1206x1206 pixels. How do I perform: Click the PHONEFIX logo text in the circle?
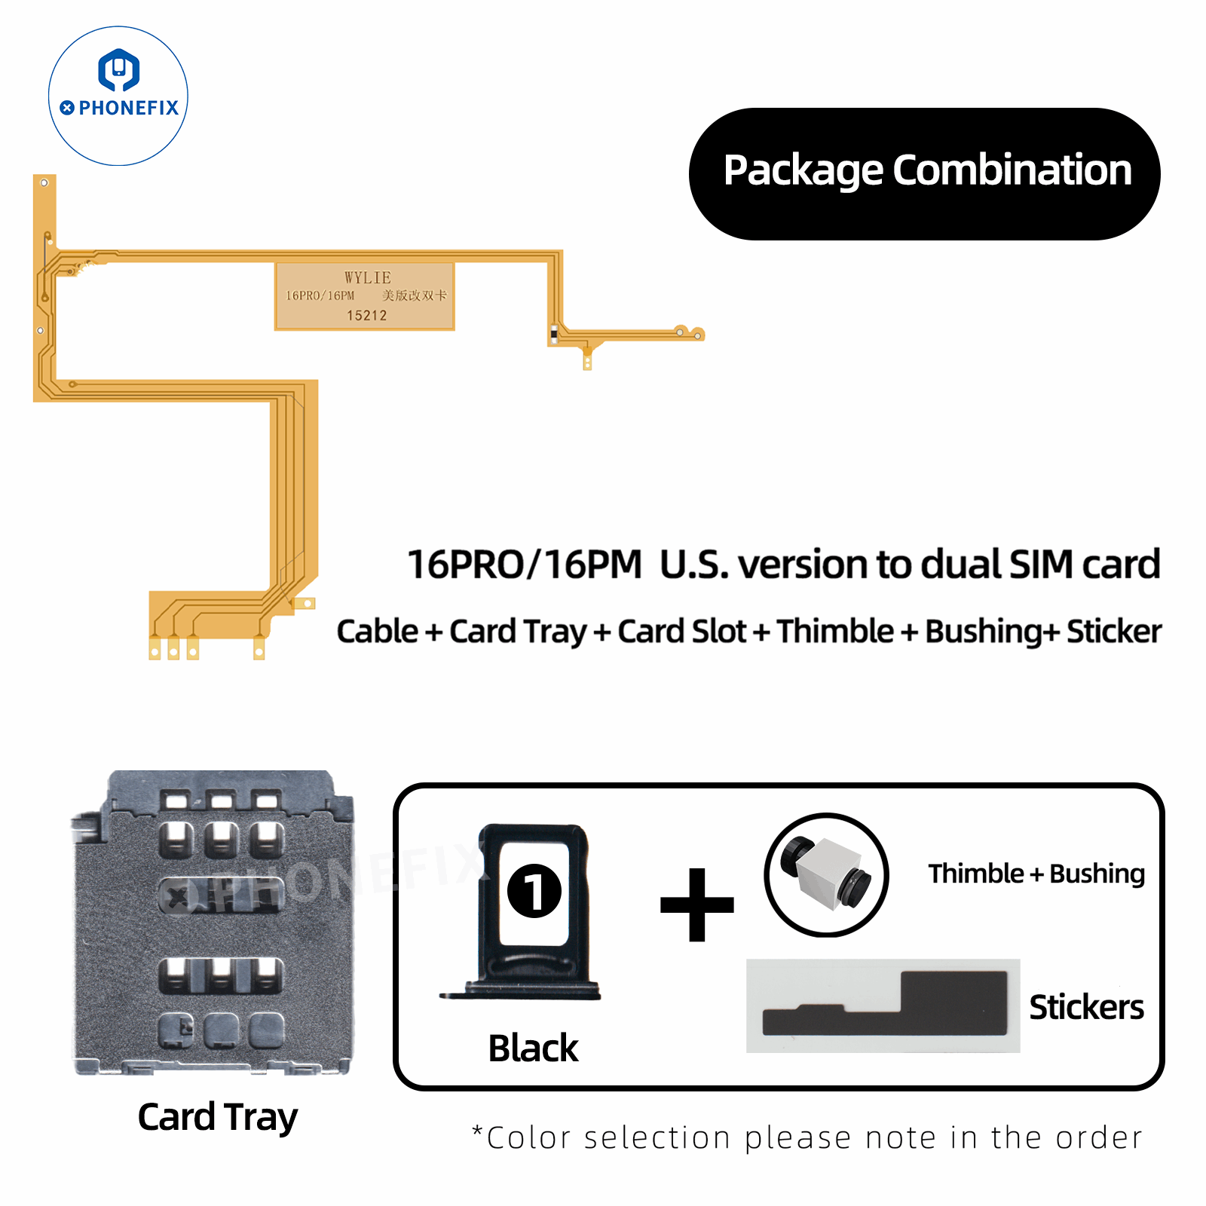point(128,108)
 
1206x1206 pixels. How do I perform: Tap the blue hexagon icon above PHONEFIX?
point(119,69)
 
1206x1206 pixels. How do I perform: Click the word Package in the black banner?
point(803,171)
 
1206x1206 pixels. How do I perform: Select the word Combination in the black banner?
point(1012,170)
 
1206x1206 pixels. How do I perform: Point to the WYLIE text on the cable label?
point(368,277)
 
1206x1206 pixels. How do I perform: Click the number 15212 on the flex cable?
point(366,315)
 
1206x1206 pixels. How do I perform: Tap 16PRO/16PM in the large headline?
point(524,565)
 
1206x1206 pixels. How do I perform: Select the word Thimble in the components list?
point(834,632)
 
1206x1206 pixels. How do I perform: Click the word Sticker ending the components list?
point(1114,632)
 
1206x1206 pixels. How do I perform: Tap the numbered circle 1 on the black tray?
point(534,890)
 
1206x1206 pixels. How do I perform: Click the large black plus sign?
point(697,904)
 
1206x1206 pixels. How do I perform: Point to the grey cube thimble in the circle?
point(828,874)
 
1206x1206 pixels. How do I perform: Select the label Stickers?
point(1086,1007)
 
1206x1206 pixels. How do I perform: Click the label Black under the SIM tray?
point(533,1048)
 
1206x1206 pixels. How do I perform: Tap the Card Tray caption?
point(218,1117)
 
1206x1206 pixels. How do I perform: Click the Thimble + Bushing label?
point(1036,874)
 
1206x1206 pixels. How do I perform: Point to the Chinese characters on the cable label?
point(414,295)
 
